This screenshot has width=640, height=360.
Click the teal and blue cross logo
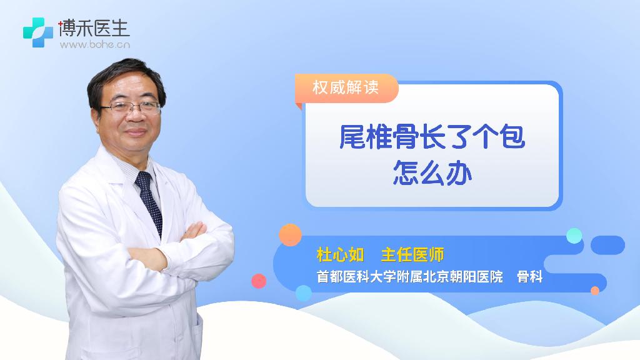pos(38,32)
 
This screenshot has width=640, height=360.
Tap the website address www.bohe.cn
pos(95,44)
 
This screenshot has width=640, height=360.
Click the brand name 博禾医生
pos(94,28)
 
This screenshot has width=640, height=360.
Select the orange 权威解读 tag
pos(346,87)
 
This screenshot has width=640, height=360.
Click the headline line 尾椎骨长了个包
pos(432,136)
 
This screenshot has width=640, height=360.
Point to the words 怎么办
pos(432,173)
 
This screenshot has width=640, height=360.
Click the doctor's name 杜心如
pos(340,255)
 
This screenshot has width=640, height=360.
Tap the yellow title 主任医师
pos(412,255)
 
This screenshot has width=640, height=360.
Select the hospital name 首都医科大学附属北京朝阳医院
pos(410,277)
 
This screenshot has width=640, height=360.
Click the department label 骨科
pos(529,277)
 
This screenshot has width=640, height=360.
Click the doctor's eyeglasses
pos(131,107)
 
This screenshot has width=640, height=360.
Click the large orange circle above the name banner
pos(290,235)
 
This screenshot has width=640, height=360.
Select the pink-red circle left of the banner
pos(259,281)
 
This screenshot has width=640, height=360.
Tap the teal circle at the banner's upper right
pos(574,236)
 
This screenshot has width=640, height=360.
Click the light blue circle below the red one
pos(304,293)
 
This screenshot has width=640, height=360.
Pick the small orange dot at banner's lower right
pos(595,291)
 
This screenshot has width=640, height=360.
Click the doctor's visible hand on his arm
pos(194,231)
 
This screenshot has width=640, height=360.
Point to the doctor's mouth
pos(136,132)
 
